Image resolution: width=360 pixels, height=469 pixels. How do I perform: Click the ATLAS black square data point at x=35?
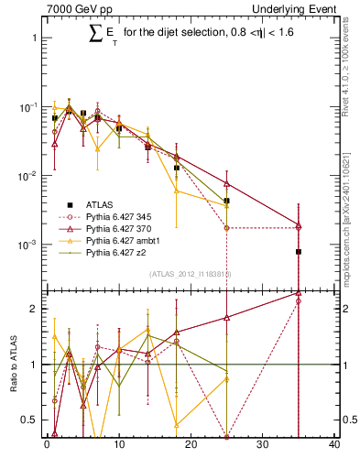coord(299,251)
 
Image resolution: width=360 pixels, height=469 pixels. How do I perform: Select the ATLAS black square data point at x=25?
coord(226,201)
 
